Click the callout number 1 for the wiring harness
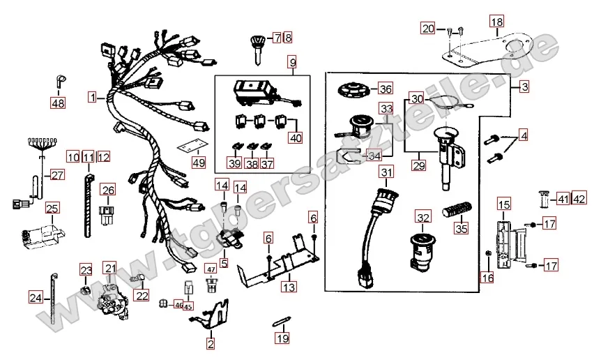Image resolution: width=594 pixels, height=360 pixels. point(93,98)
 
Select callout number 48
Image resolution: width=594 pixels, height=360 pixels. point(57,104)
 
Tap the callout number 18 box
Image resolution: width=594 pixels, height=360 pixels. point(496,23)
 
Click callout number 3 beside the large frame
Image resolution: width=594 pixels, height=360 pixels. point(524,87)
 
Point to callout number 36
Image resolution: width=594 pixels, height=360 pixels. point(385,89)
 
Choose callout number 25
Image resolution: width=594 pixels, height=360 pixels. point(52,209)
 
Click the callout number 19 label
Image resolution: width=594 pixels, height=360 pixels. point(281,339)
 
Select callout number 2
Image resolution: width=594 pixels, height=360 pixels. point(211,343)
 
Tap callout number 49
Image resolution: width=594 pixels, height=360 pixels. point(199,163)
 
